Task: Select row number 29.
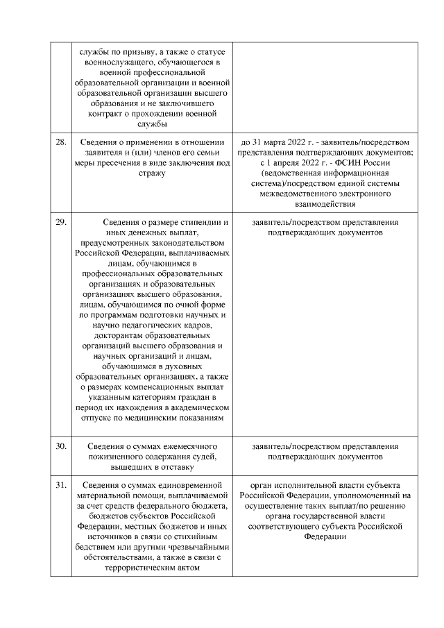[x=61, y=222]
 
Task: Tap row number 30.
[x=61, y=445]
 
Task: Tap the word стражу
[x=153, y=173]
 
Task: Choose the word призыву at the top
[x=130, y=53]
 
